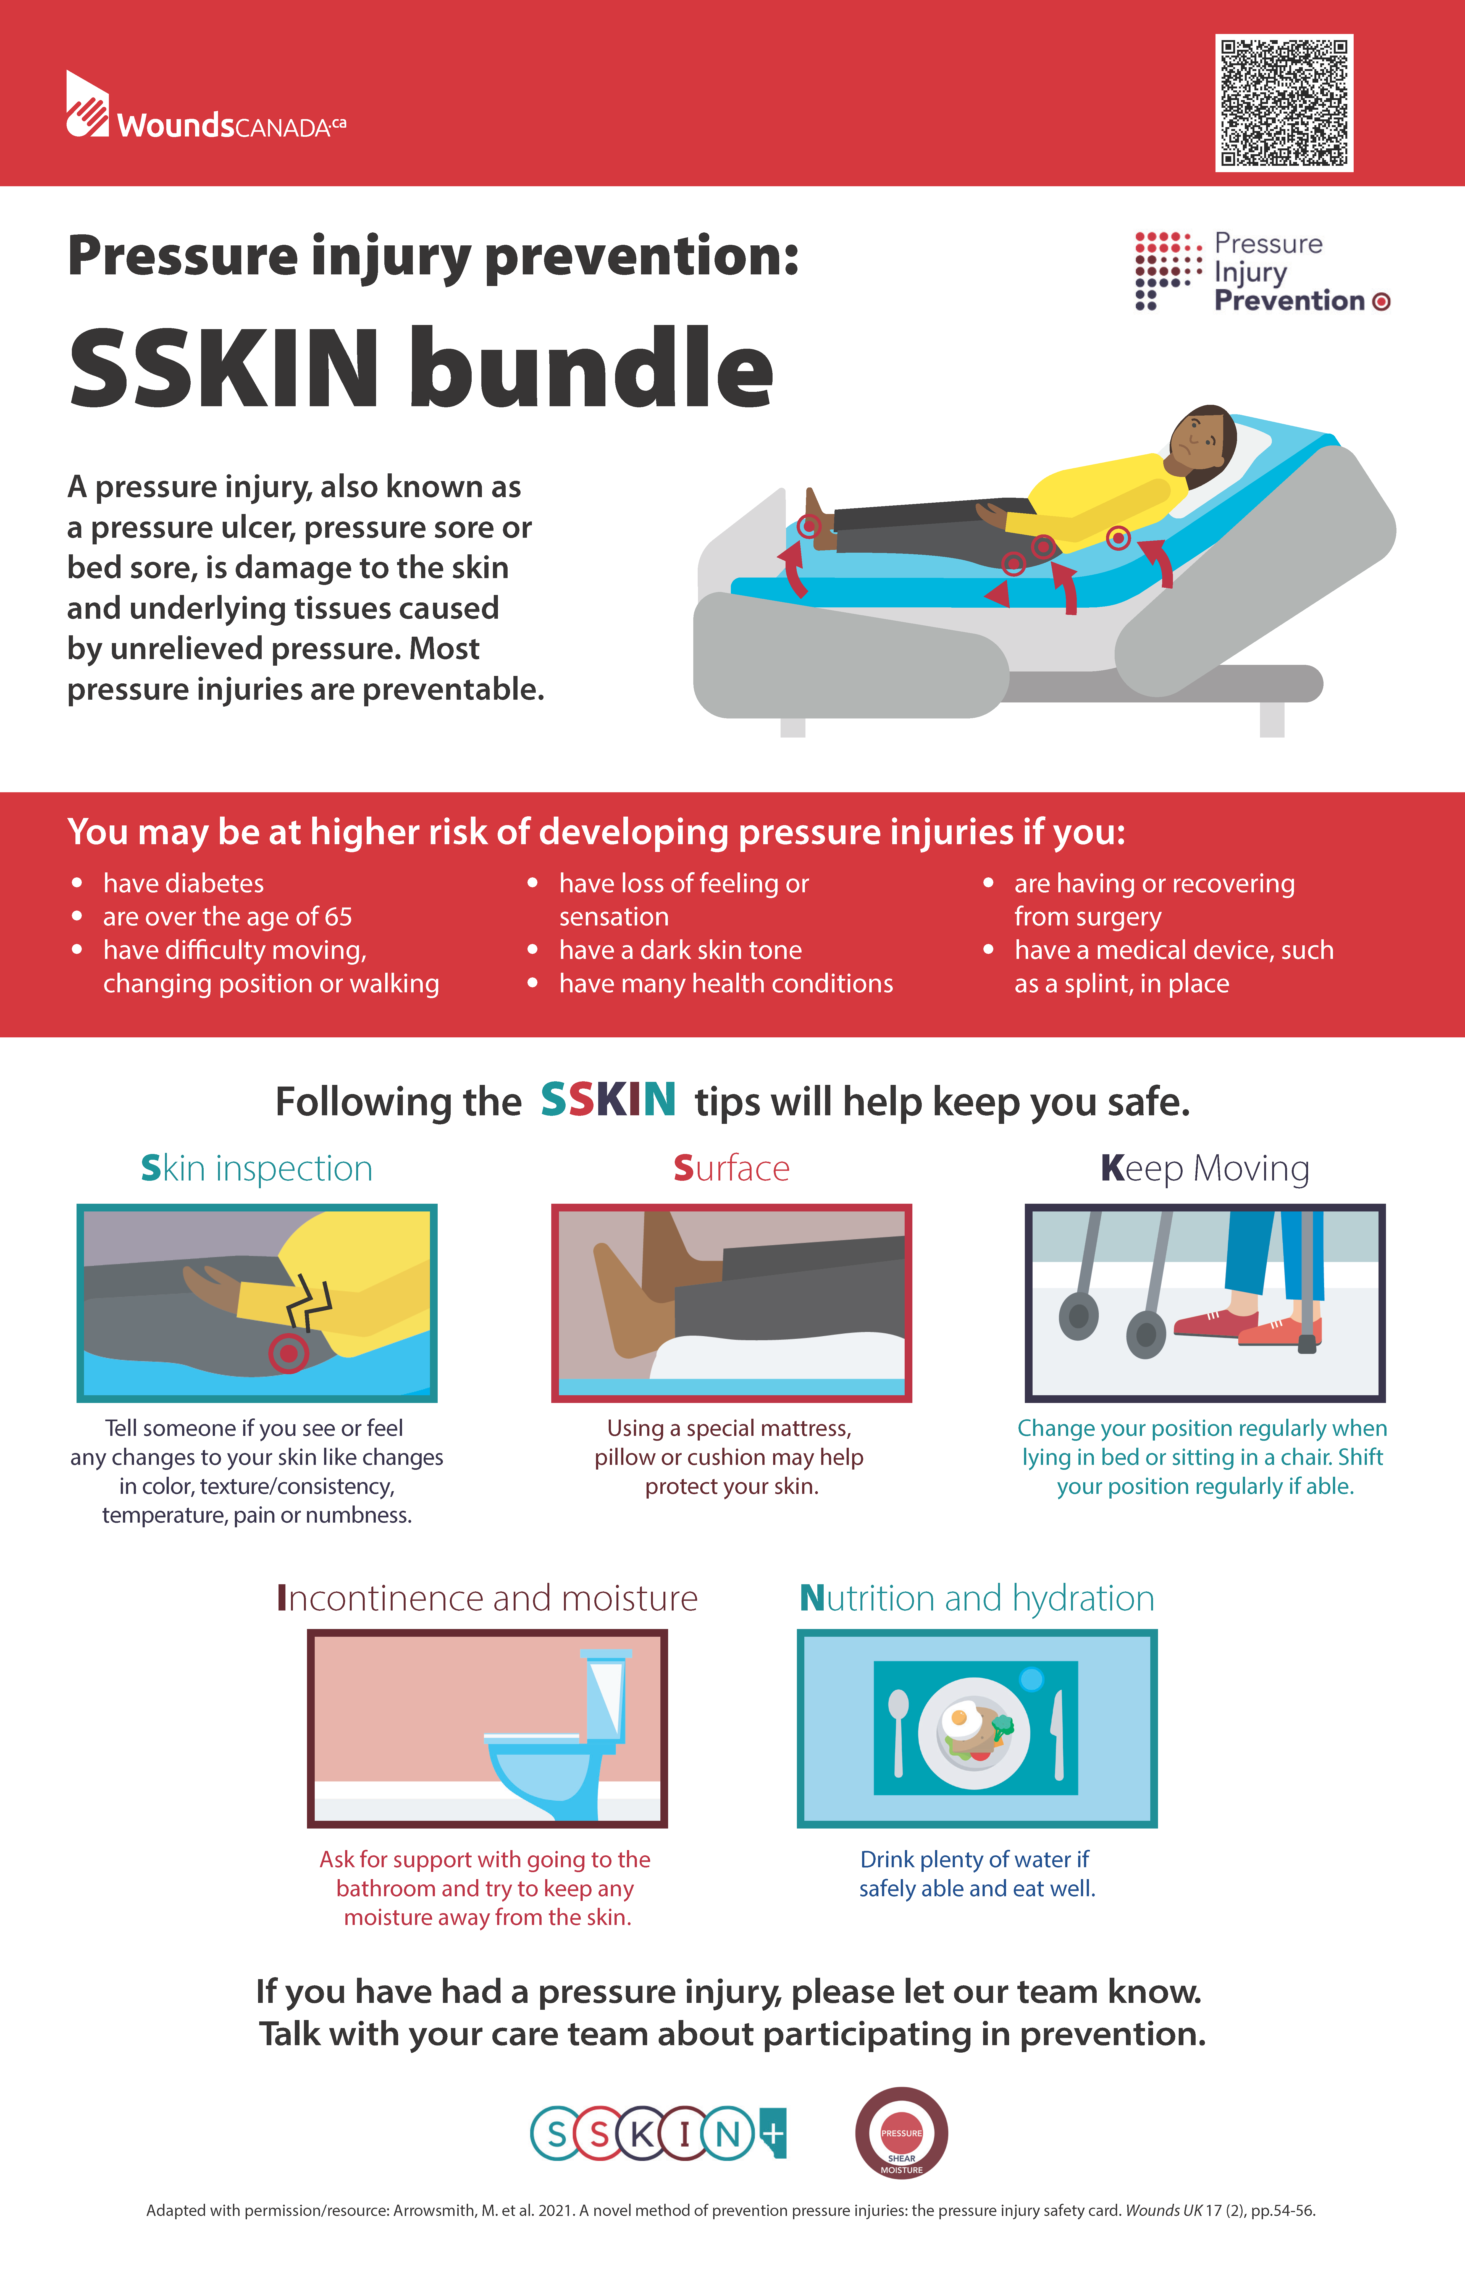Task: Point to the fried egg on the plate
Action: pos(961,1718)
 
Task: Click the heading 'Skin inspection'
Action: pos(257,1168)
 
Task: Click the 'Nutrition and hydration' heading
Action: pos(977,1598)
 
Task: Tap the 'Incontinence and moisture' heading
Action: pos(487,1598)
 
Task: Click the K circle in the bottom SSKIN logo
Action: pos(642,2134)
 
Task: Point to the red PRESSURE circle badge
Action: pos(901,2133)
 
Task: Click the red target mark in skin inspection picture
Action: pos(288,1352)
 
